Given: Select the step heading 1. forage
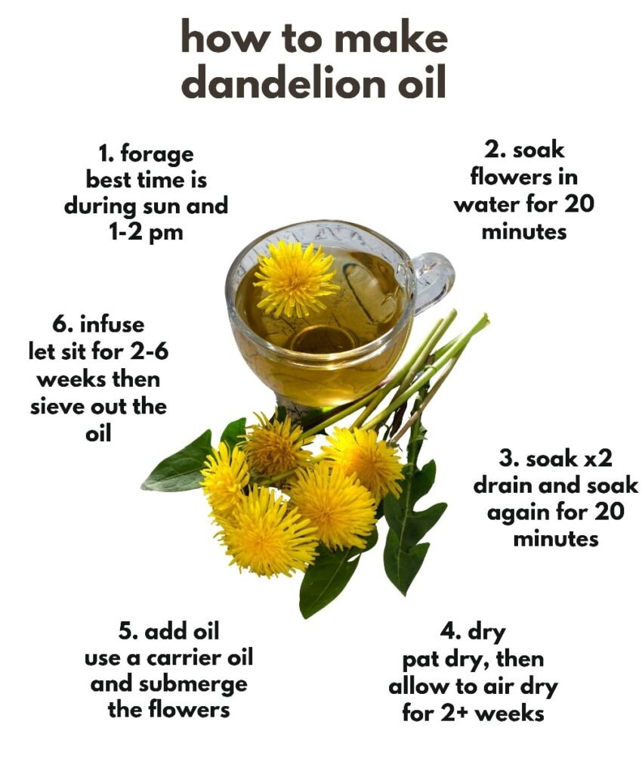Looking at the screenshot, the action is coord(147,154).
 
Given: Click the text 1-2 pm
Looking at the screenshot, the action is coord(146,231).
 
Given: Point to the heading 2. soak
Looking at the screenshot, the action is coord(524,150).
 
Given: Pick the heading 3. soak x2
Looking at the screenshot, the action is coord(556,459).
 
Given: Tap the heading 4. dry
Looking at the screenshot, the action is coord(473,632).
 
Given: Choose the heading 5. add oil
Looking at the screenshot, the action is coord(168,631).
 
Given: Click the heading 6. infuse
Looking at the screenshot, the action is coord(98,324).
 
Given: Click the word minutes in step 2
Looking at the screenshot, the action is coord(523,231).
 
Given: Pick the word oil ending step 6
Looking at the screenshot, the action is coord(98,434).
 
